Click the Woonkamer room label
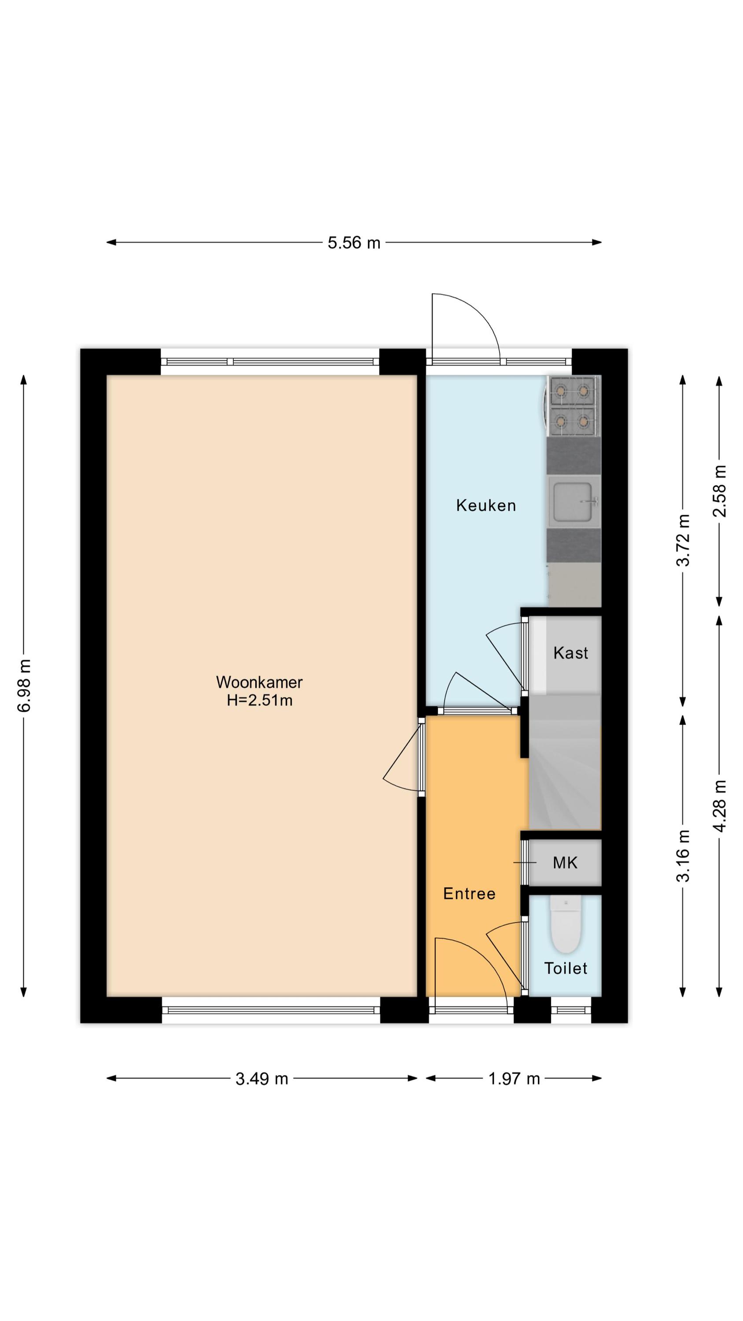[259, 682]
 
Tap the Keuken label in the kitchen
[486, 505]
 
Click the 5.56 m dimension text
[354, 243]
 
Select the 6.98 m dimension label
[24, 686]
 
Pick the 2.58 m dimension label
[719, 491]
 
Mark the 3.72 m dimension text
[683, 539]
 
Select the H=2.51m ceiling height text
[259, 700]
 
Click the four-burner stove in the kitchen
[573, 406]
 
